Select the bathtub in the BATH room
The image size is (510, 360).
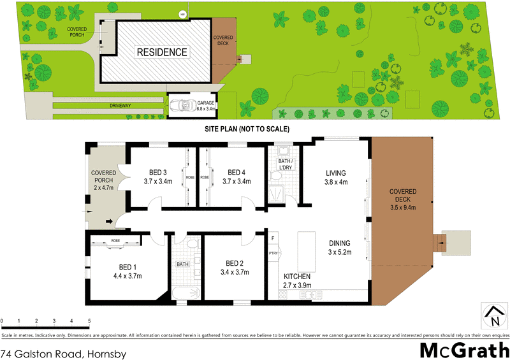(x=186, y=293)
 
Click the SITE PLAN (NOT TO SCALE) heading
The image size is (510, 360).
(x=247, y=129)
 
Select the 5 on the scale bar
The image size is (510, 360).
(x=89, y=320)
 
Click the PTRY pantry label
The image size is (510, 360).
(x=273, y=254)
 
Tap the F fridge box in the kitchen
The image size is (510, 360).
(x=273, y=238)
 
